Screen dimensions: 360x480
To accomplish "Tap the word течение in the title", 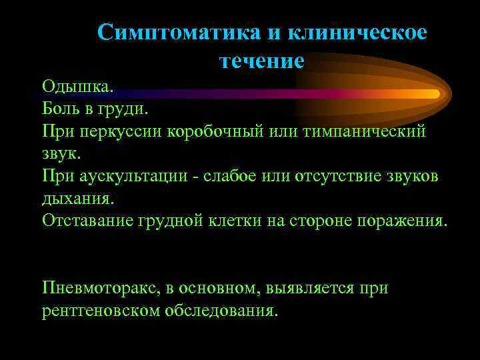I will coord(261,61).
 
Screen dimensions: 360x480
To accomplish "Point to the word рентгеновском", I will coord(98,311).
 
